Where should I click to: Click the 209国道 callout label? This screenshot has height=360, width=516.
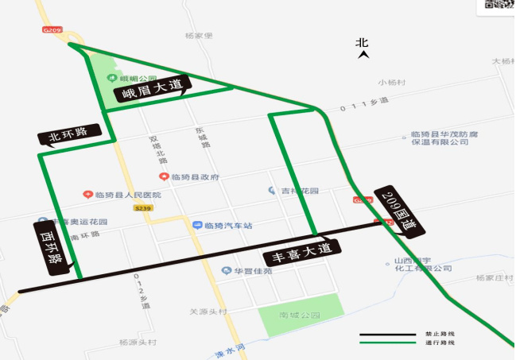coord(398,212)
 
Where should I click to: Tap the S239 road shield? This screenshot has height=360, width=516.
coord(142,208)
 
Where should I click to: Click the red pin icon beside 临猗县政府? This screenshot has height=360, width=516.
coord(164,176)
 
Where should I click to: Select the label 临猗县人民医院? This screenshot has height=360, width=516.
coord(128,195)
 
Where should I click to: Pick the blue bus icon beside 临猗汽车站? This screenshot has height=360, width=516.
coord(196,226)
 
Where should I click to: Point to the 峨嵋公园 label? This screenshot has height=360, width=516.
coord(133,78)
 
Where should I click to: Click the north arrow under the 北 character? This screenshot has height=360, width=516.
coord(363,55)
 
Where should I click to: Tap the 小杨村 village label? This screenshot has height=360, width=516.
coord(392,83)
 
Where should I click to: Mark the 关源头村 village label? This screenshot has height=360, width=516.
coord(208,311)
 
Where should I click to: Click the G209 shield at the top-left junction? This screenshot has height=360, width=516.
coord(52,29)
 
